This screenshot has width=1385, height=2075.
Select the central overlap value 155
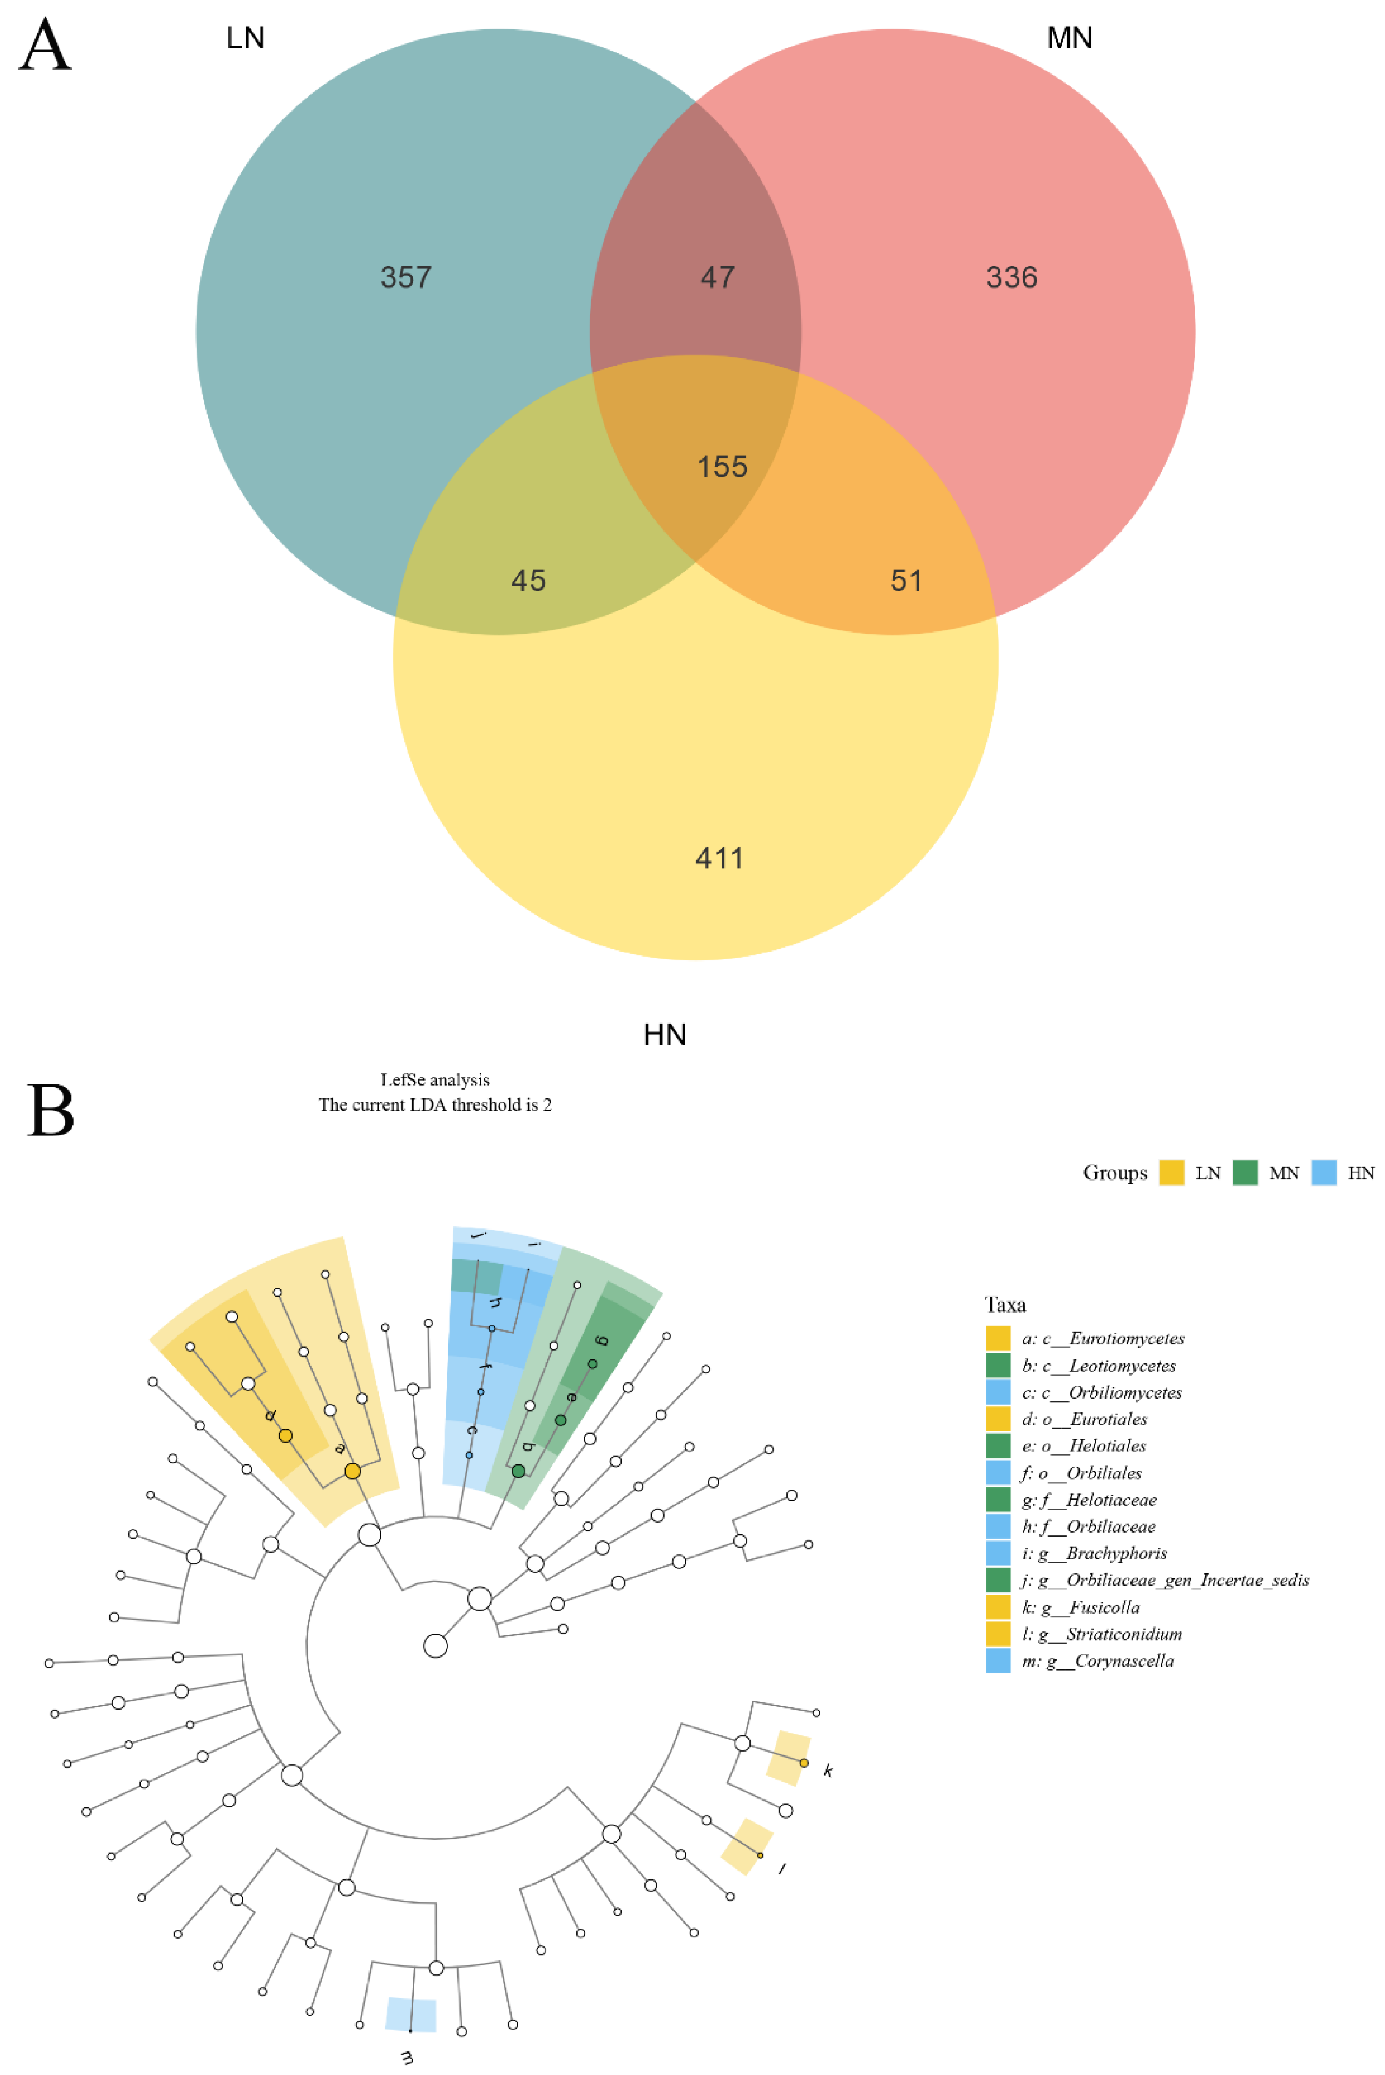[722, 466]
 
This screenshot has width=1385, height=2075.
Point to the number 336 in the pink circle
[1011, 277]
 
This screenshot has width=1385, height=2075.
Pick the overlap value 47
[717, 277]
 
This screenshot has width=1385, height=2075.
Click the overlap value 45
[528, 580]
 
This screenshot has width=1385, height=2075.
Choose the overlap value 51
[906, 580]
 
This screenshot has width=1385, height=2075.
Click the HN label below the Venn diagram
[664, 1034]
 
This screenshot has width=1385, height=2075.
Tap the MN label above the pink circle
[1069, 38]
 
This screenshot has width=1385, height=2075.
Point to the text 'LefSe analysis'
[434, 1079]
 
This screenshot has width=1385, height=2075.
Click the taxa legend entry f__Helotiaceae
[1088, 1500]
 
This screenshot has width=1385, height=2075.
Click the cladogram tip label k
[827, 1770]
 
